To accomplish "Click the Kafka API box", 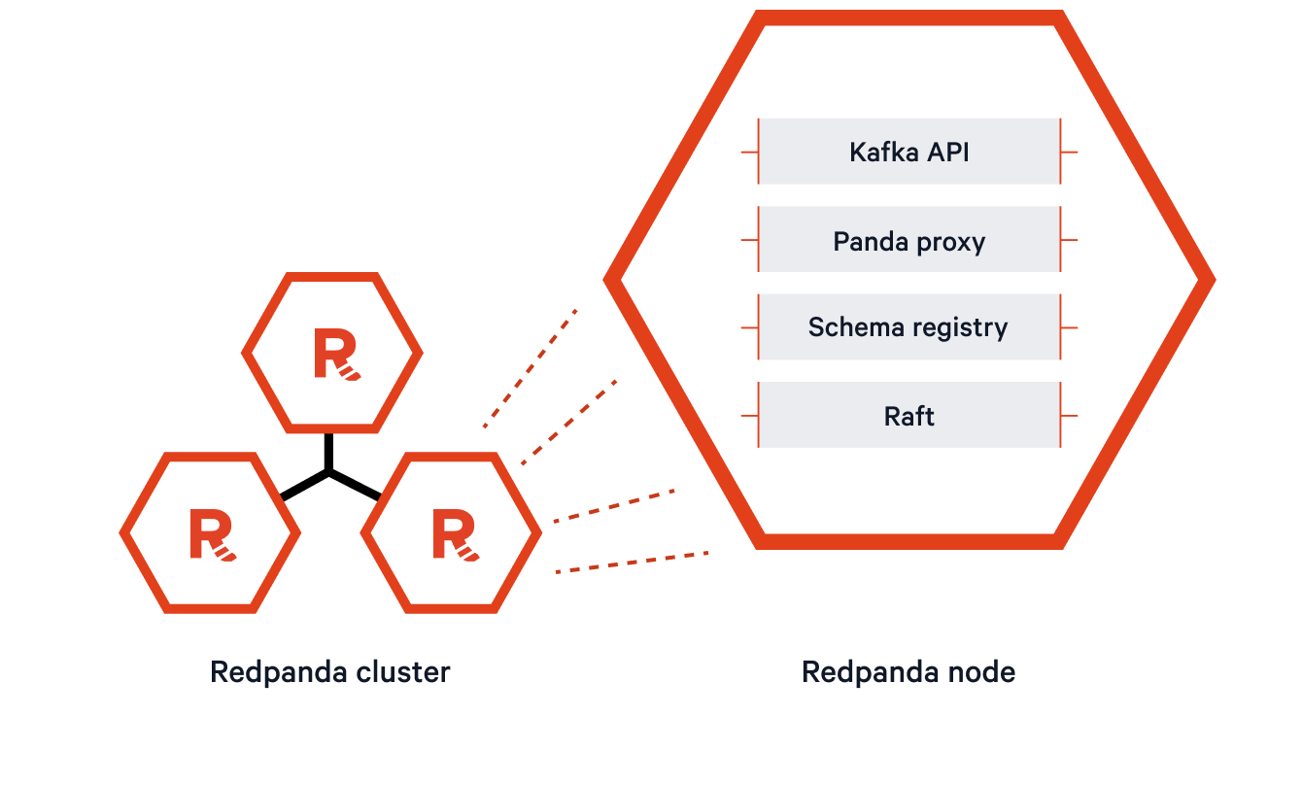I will (908, 152).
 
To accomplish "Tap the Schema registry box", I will (908, 327).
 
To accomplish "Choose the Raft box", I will (908, 415).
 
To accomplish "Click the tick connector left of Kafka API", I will (749, 152).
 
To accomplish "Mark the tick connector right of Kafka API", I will (1069, 152).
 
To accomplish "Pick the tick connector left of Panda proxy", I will (749, 239).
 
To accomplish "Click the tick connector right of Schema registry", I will (1069, 327).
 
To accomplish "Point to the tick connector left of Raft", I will (749, 415).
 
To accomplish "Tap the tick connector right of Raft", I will (1069, 415).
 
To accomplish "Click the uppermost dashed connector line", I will (531, 368).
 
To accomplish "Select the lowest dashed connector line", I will (632, 563).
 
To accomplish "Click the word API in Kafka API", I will (947, 153).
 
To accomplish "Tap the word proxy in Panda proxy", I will (949, 241).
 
